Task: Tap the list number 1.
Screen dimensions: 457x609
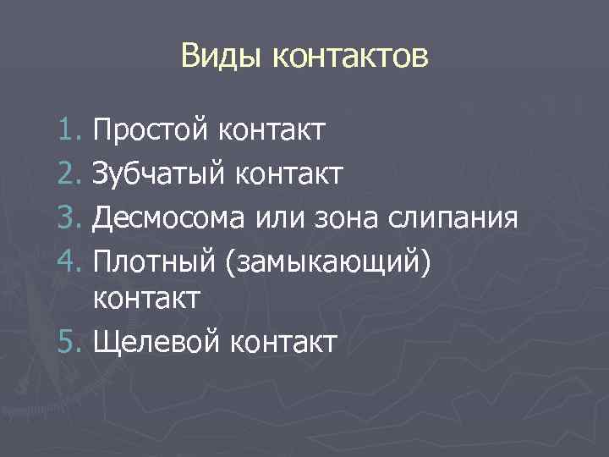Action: [70, 131]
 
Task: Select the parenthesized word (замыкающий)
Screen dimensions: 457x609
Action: [330, 260]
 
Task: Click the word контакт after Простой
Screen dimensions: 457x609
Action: [272, 131]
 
